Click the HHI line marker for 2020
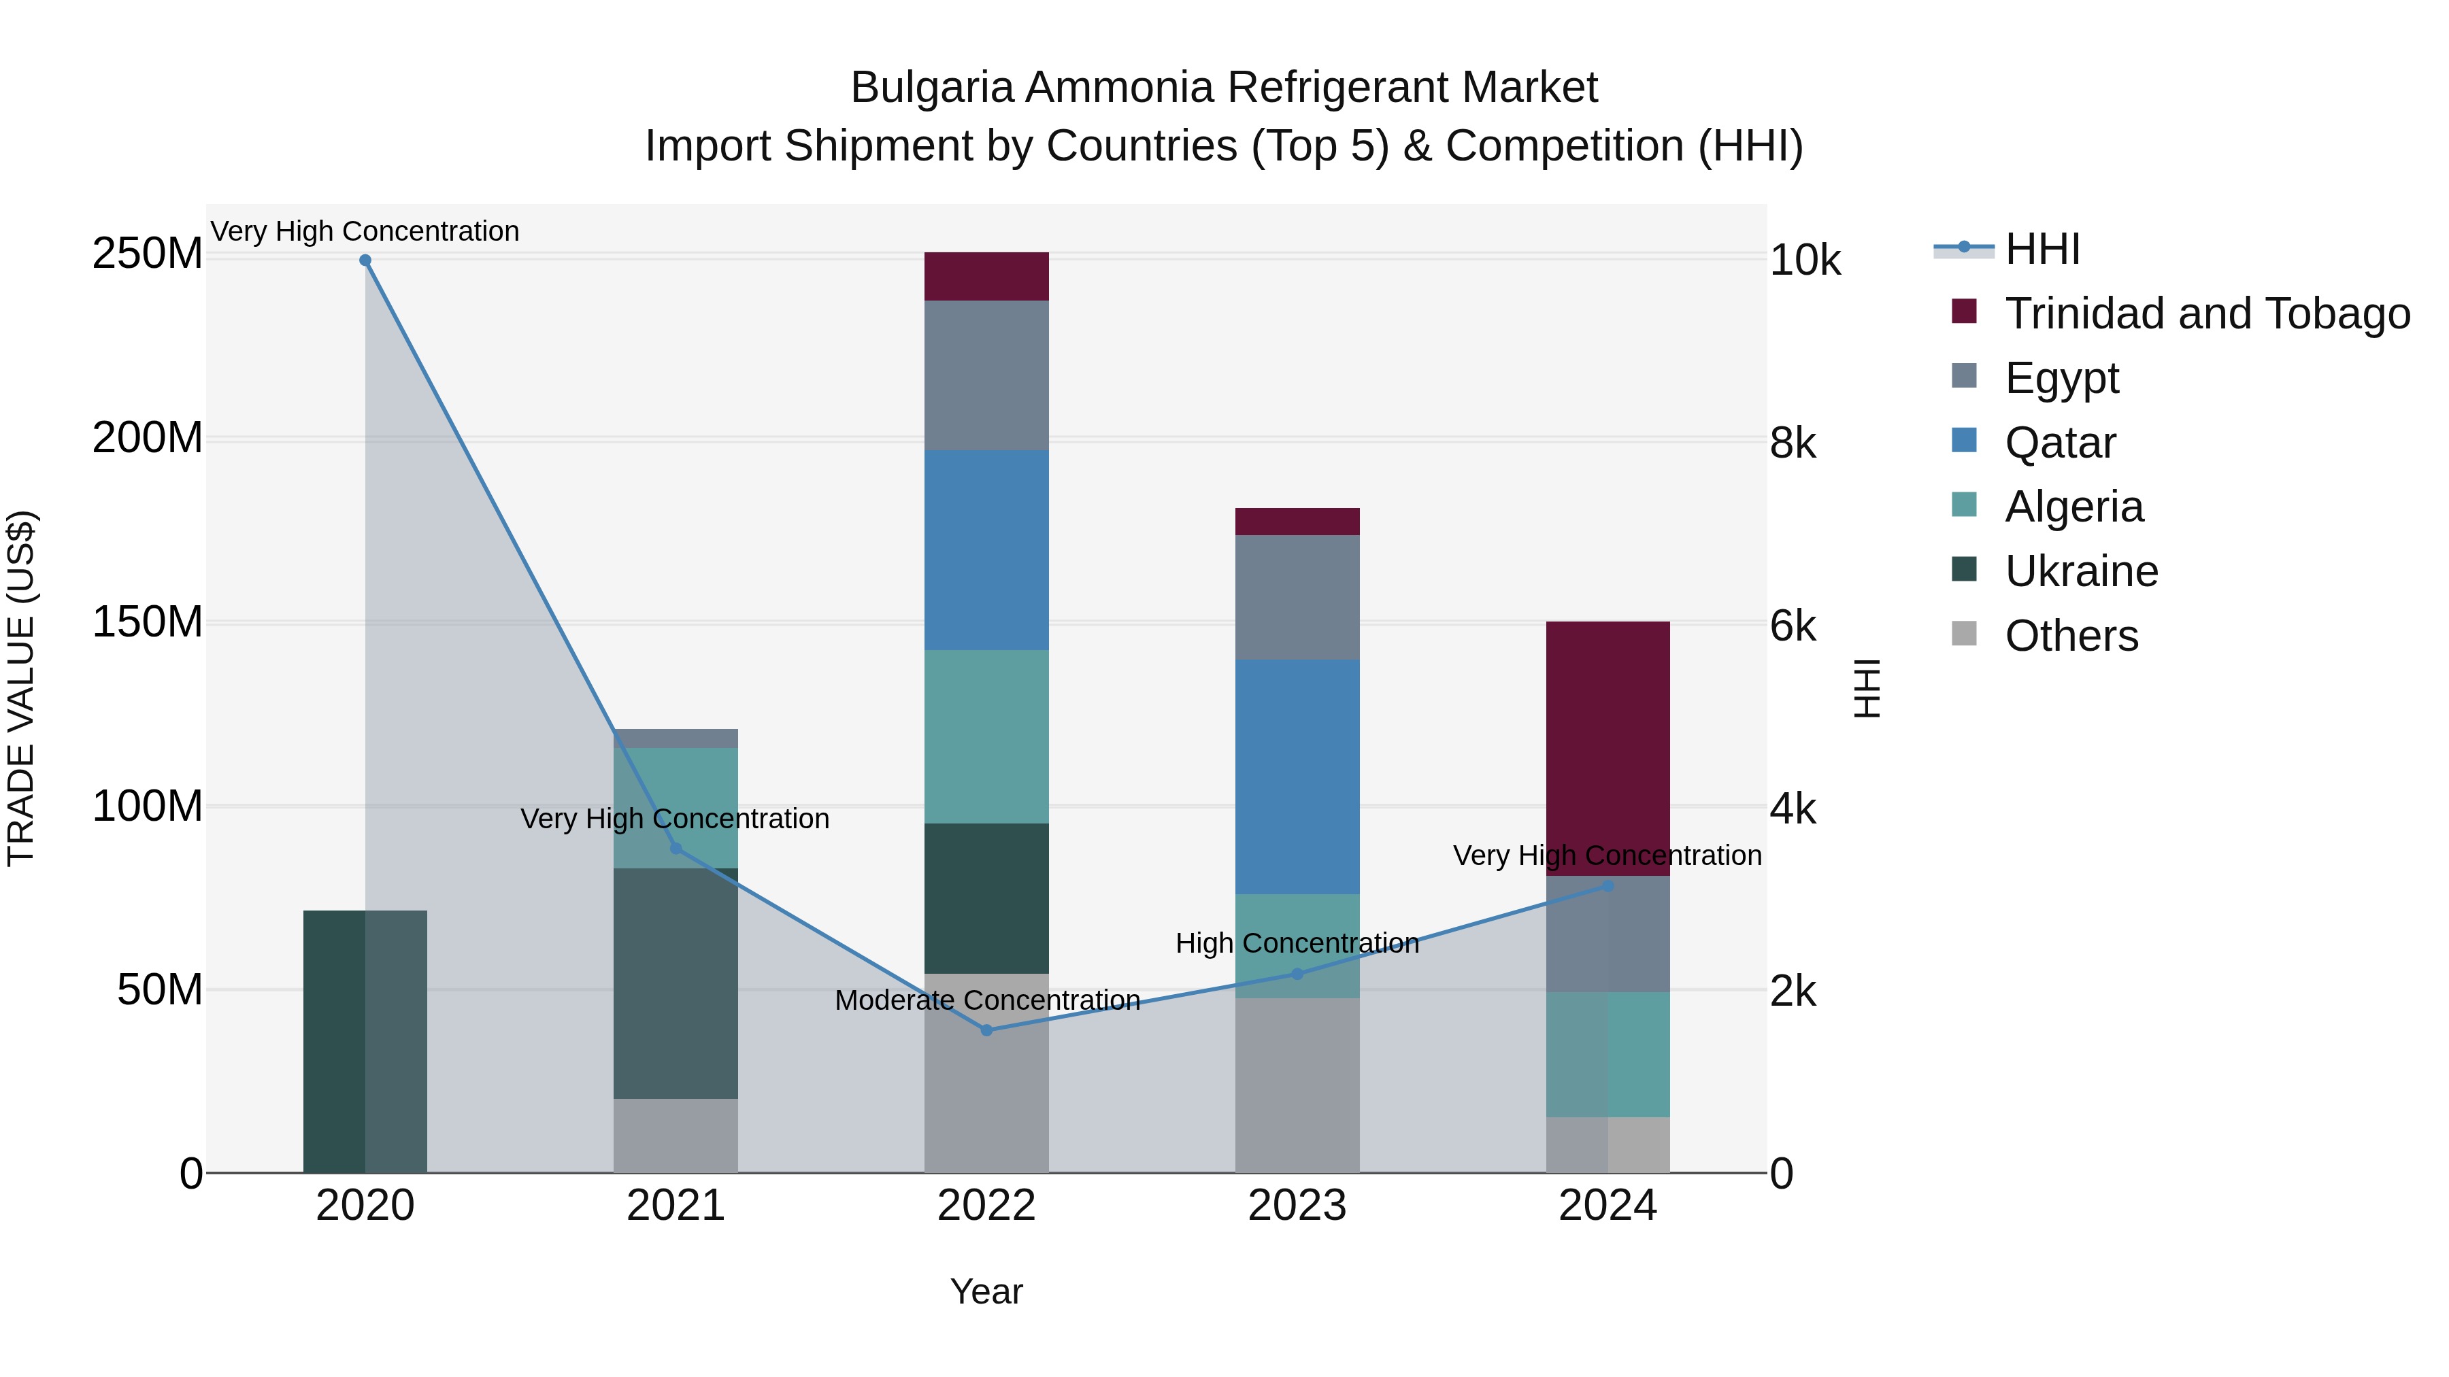tap(365, 260)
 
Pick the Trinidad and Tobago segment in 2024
tap(1607, 748)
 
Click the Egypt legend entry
tap(2061, 378)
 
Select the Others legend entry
tap(2071, 636)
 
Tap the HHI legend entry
tap(2042, 249)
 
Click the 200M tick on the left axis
tap(148, 438)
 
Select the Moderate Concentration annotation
tap(987, 1001)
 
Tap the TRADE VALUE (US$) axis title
tap(21, 688)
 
